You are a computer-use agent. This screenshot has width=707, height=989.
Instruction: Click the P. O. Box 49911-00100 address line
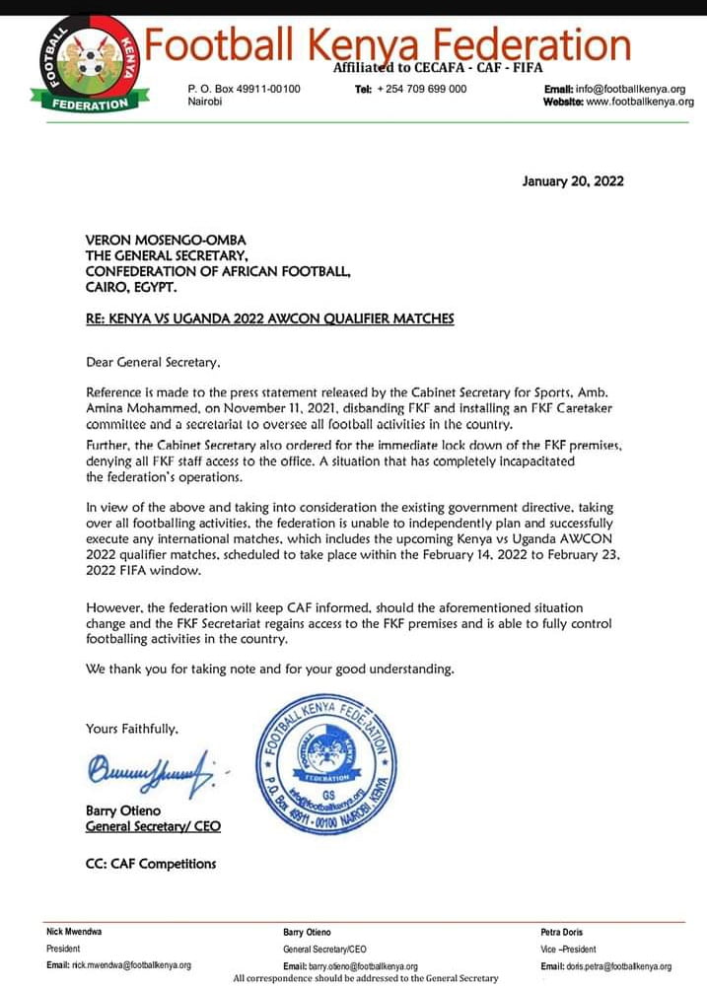[x=244, y=89]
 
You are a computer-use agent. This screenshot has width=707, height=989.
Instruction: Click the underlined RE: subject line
[x=270, y=318]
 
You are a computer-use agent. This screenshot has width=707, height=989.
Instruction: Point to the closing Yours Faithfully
[x=132, y=729]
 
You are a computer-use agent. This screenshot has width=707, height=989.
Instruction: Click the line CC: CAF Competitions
[x=151, y=864]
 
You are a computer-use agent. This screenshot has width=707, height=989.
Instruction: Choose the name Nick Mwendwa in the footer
[x=74, y=932]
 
